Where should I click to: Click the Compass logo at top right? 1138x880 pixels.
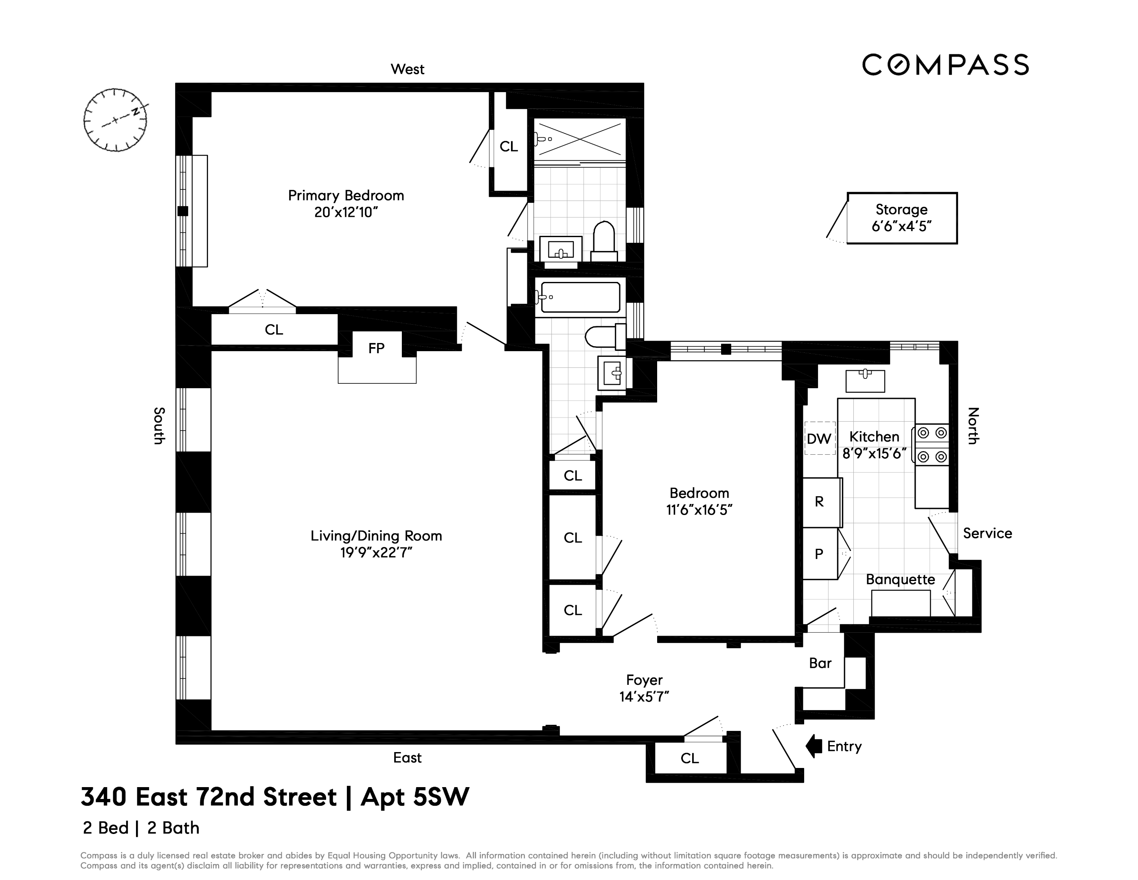pyautogui.click(x=945, y=65)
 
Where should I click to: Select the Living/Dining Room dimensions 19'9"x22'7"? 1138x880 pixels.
pyautogui.click(x=376, y=552)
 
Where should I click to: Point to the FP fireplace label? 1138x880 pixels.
pyautogui.click(x=376, y=348)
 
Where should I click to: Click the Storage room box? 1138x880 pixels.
pyautogui.click(x=901, y=218)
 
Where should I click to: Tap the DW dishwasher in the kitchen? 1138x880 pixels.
pyautogui.click(x=819, y=438)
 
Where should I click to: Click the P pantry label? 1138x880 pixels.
pyautogui.click(x=819, y=554)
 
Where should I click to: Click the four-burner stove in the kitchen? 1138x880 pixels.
pyautogui.click(x=932, y=445)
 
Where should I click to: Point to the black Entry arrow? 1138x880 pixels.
pyautogui.click(x=813, y=746)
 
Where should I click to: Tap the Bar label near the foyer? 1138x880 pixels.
pyautogui.click(x=820, y=663)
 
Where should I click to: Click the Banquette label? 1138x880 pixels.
pyautogui.click(x=900, y=580)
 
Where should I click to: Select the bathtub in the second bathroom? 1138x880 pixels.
pyautogui.click(x=580, y=297)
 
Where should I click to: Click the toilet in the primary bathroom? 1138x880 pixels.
pyautogui.click(x=604, y=241)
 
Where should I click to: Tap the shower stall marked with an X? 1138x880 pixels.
pyautogui.click(x=579, y=138)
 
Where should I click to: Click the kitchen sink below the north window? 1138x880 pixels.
pyautogui.click(x=864, y=380)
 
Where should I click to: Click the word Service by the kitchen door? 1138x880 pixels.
pyautogui.click(x=987, y=533)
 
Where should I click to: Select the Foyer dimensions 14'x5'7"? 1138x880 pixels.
pyautogui.click(x=644, y=697)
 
